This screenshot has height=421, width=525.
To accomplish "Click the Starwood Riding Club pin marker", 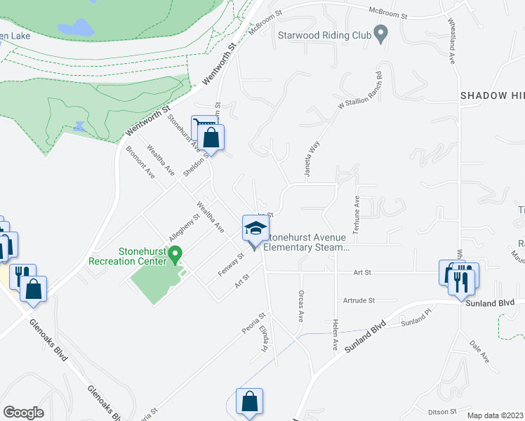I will [380, 33].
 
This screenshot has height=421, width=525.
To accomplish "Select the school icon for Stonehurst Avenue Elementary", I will [255, 228].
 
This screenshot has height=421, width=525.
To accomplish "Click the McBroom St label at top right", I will [385, 10].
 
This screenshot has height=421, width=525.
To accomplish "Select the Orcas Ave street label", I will [300, 306].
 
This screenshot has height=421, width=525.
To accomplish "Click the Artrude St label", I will [359, 300].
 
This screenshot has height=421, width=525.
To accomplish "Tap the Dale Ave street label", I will [479, 350].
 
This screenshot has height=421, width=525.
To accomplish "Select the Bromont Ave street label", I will [140, 162].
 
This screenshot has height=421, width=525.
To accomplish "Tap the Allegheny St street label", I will [185, 227].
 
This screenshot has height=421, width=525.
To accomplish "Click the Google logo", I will [24, 412].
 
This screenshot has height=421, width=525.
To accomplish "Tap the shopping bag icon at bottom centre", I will [249, 402].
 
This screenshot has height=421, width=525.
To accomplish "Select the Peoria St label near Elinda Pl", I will [255, 323].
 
